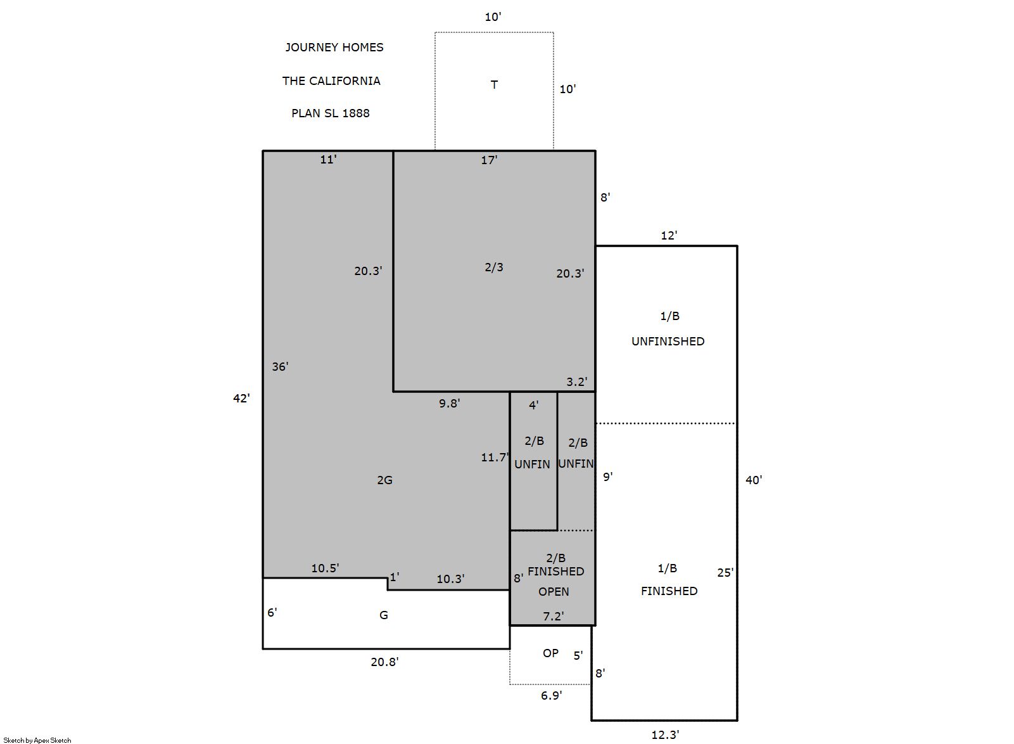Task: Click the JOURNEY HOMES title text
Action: [334, 48]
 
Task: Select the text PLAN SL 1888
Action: [331, 113]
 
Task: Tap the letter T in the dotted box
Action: [494, 85]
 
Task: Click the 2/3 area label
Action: [494, 267]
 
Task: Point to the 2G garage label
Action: [385, 480]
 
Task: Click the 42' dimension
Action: [241, 398]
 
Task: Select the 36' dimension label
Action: [280, 366]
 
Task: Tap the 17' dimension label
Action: [489, 160]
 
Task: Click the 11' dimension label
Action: [328, 160]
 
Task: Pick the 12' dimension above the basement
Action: [669, 236]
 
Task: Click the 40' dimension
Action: [754, 480]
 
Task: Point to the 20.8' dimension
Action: [384, 662]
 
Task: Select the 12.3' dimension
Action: [665, 735]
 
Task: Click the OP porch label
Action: [550, 653]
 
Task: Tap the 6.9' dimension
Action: [552, 696]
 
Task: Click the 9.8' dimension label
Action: [450, 404]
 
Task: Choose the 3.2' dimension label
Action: [577, 382]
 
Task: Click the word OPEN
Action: [554, 592]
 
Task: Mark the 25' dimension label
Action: [725, 573]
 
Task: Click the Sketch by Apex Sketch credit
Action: [37, 740]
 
